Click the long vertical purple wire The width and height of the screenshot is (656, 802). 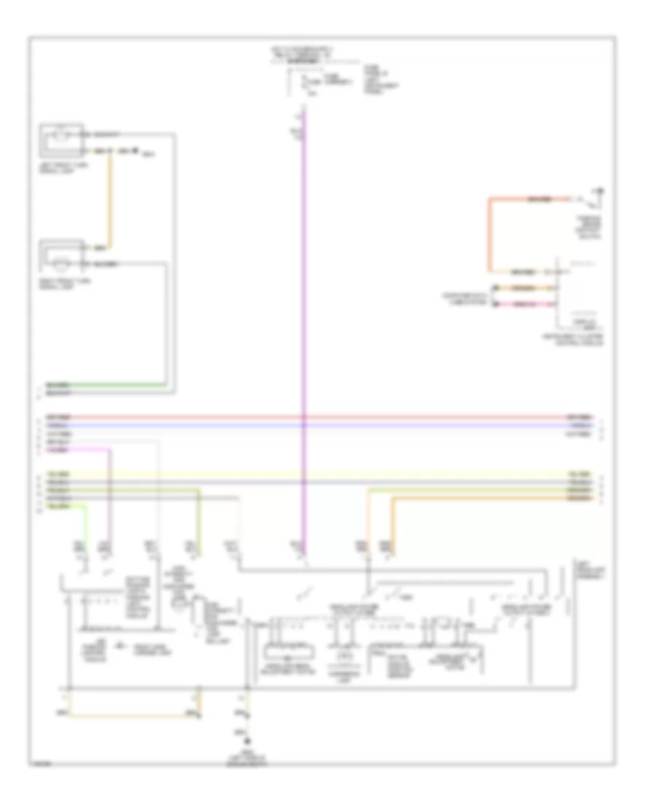click(x=304, y=328)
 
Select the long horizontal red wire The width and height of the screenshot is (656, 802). click(x=313, y=417)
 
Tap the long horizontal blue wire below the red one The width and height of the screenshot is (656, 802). click(x=313, y=424)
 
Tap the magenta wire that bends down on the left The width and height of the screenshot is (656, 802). click(x=110, y=496)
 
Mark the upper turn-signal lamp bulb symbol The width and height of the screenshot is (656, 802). click(x=62, y=136)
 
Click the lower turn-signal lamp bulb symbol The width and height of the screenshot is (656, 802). click(x=62, y=260)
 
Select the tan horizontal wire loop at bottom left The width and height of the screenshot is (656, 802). click(x=131, y=715)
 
